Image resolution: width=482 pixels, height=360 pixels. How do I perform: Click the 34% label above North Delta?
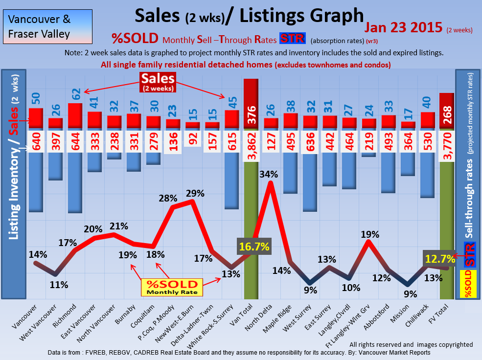pyautogui.click(x=269, y=174)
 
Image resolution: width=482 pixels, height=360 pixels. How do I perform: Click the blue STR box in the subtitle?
pyautogui.click(x=292, y=39)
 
